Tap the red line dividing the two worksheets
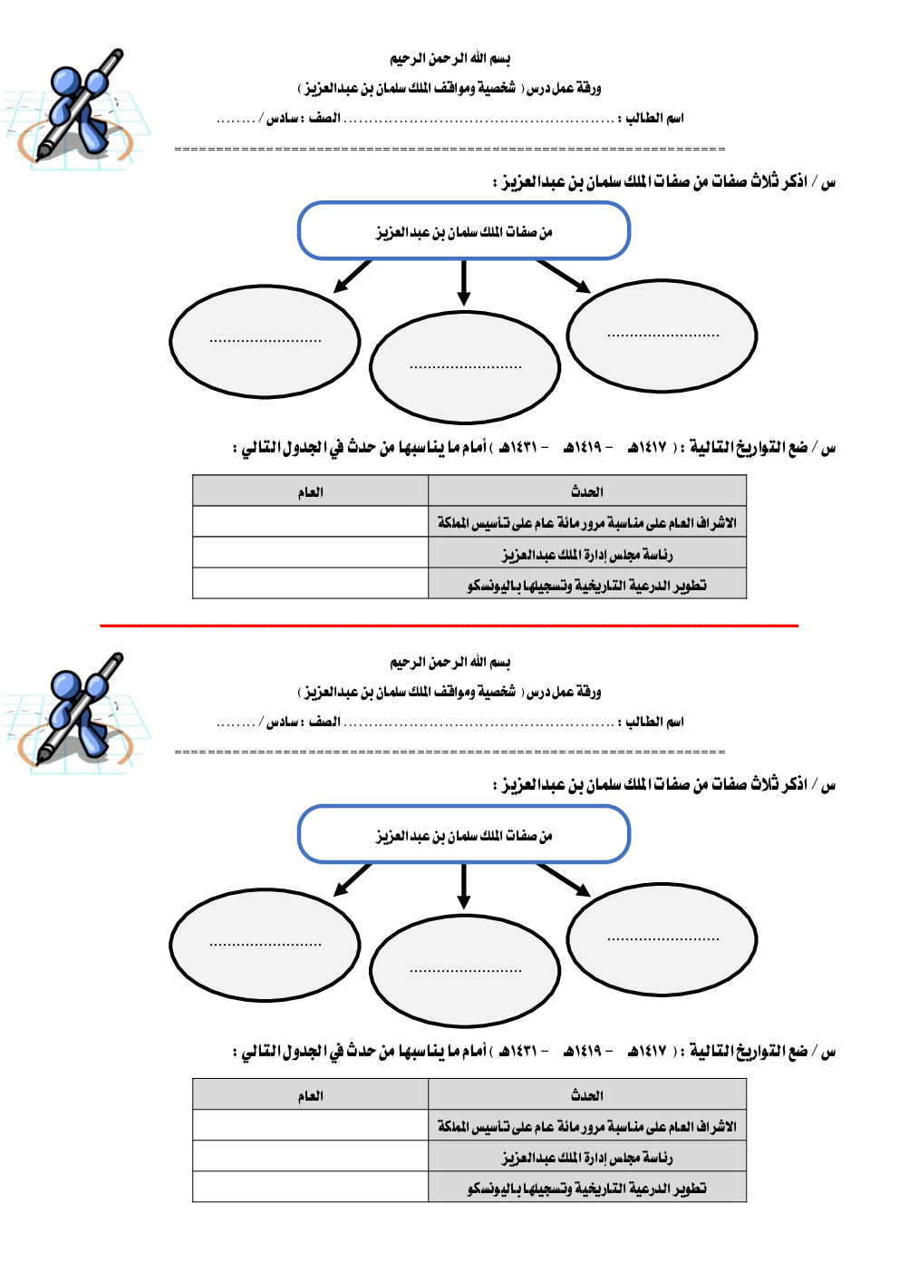click(x=449, y=626)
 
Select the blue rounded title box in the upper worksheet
click(x=464, y=231)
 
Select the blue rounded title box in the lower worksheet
click(x=464, y=835)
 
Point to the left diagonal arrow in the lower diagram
click(x=353, y=879)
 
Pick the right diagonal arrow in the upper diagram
click(x=563, y=276)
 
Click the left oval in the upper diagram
click(x=265, y=341)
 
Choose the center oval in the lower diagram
click(x=465, y=970)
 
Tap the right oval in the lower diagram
click(x=662, y=939)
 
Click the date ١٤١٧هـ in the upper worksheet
click(x=647, y=448)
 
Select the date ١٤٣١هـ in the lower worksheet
click(x=518, y=1052)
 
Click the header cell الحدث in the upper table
click(x=586, y=491)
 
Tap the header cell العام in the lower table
click(x=310, y=1096)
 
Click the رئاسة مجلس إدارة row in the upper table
click(x=586, y=553)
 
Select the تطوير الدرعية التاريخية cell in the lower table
click(x=586, y=1188)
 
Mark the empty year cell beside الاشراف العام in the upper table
click(x=310, y=522)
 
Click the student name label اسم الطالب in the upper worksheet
click(x=654, y=118)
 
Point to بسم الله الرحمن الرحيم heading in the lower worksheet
click(x=449, y=663)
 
